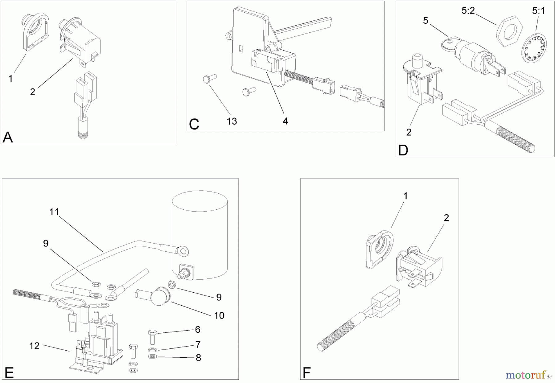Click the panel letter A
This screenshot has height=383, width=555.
click(x=8, y=137)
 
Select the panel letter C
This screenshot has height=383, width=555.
click(x=194, y=124)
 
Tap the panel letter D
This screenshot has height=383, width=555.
click(x=403, y=150)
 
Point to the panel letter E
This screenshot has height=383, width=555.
click(x=9, y=373)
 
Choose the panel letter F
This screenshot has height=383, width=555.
click(x=306, y=373)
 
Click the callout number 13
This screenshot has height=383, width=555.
click(x=232, y=121)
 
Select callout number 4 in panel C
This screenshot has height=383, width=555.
click(x=285, y=121)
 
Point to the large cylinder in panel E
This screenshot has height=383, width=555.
click(x=199, y=234)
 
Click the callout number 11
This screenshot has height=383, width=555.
click(x=54, y=212)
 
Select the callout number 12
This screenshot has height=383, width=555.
click(x=34, y=346)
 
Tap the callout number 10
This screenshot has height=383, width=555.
click(x=219, y=315)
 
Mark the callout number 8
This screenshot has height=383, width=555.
click(x=198, y=358)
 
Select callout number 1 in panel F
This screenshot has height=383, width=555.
click(x=405, y=196)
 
